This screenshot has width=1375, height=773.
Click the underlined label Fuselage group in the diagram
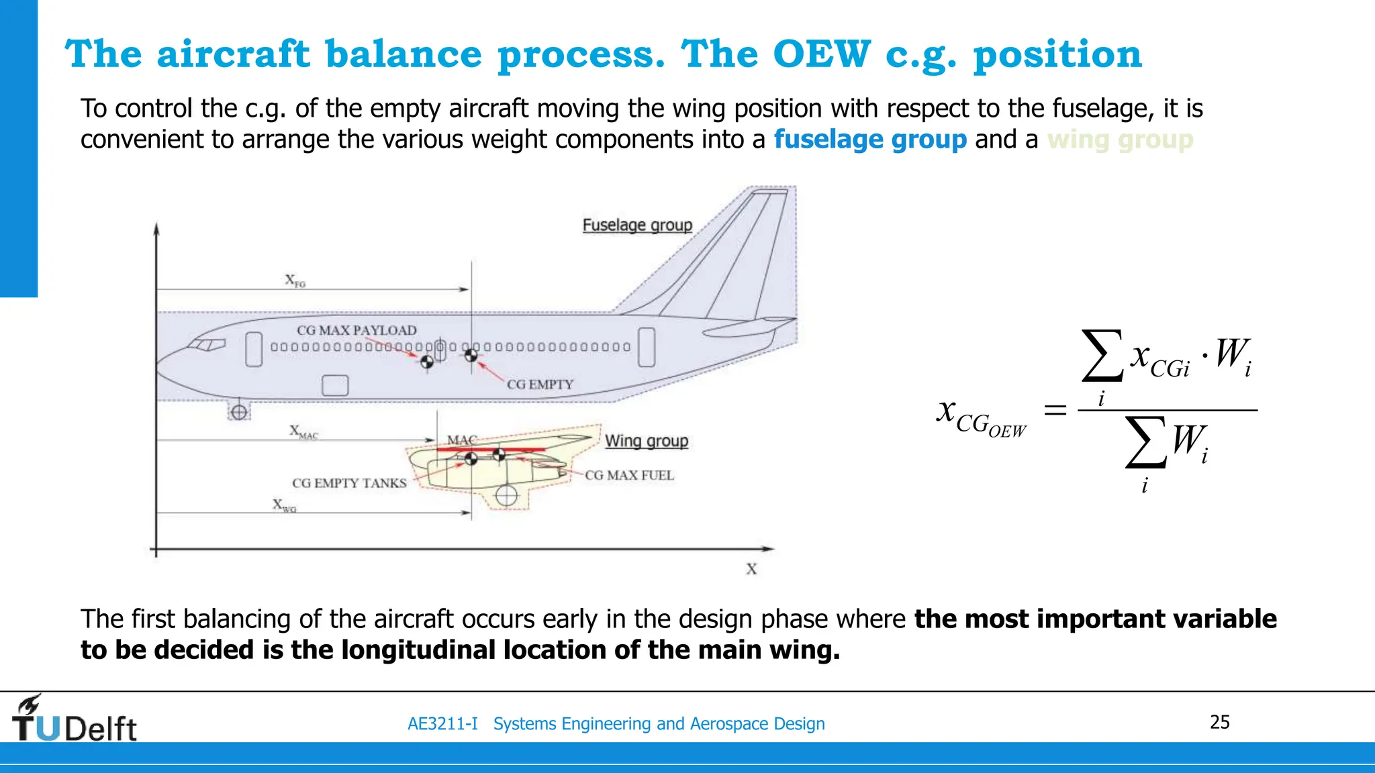pyautogui.click(x=636, y=225)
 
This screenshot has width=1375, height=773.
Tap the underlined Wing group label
pyautogui.click(x=646, y=441)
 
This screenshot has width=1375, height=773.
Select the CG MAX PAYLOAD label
pyautogui.click(x=357, y=330)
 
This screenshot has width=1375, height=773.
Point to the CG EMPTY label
pyautogui.click(x=540, y=384)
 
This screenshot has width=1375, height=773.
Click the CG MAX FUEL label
pyautogui.click(x=629, y=475)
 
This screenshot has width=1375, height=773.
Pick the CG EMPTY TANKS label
pyautogui.click(x=349, y=483)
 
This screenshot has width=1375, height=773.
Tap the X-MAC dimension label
pyautogui.click(x=303, y=431)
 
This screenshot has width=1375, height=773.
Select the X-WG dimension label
pyautogui.click(x=284, y=505)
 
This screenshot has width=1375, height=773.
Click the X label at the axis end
pyautogui.click(x=751, y=569)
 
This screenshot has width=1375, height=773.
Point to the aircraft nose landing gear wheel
pyautogui.click(x=239, y=412)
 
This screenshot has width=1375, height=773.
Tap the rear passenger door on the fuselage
pyautogui.click(x=646, y=347)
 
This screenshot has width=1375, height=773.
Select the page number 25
pyautogui.click(x=1219, y=722)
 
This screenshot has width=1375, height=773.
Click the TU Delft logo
pyautogui.click(x=74, y=719)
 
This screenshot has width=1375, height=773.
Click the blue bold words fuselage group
pyautogui.click(x=869, y=140)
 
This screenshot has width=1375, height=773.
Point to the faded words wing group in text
pyautogui.click(x=1120, y=140)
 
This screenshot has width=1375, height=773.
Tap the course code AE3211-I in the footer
pyautogui.click(x=442, y=724)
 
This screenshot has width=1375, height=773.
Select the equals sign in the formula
pyautogui.click(x=1055, y=409)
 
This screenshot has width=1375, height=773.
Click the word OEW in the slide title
pyautogui.click(x=821, y=54)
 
